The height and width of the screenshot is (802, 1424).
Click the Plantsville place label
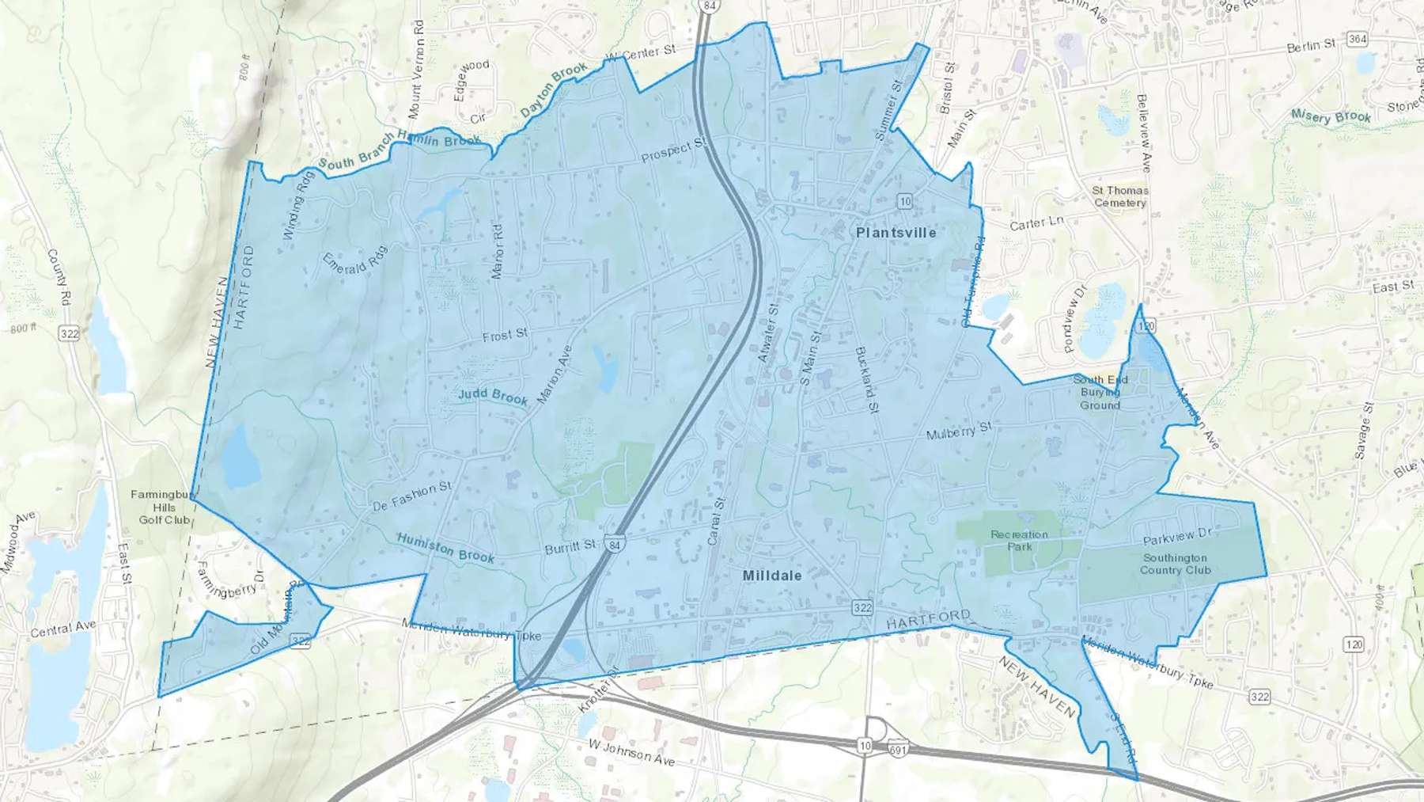896,233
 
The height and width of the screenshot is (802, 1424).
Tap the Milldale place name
772,576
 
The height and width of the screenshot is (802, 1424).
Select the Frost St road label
505,336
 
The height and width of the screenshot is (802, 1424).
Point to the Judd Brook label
493,396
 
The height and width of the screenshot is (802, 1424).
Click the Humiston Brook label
445,548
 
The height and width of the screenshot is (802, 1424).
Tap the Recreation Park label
1019,541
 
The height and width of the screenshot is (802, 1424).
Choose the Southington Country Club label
1175,564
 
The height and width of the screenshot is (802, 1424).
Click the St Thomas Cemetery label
1120,196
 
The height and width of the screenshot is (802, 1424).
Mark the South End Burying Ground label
1100,393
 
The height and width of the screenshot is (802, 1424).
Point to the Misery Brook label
1331,116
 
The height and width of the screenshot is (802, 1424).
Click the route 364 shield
1358,39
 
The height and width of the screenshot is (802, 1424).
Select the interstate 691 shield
898,747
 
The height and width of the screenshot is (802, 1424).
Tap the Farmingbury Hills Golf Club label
165,507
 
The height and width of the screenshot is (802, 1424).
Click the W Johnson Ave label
631,752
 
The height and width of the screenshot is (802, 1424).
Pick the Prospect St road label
673,150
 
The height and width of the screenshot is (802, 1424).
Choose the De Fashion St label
411,496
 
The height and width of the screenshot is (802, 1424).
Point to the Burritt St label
570,547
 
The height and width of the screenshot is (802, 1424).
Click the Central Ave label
63,629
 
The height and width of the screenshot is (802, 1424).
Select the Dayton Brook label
554,90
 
